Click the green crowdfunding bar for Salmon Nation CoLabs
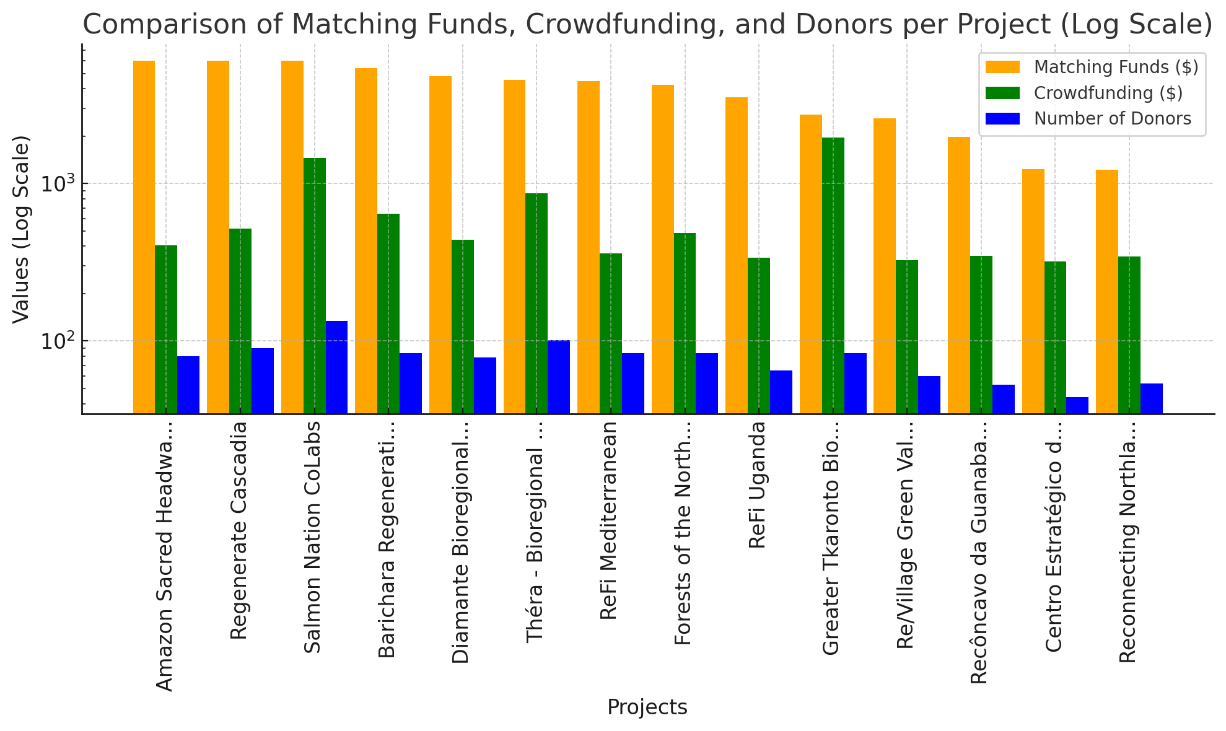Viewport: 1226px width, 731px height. tap(314, 285)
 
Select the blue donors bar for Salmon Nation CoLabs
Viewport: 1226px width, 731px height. tap(336, 367)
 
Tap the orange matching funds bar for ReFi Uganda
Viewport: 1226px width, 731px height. tap(737, 254)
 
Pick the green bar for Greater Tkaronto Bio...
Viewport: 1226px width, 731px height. tap(833, 275)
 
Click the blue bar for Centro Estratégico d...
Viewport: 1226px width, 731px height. tap(1077, 405)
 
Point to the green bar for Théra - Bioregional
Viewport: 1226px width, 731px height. tap(536, 303)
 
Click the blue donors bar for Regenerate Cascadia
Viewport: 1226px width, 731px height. tap(262, 380)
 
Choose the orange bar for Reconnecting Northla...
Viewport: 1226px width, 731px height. tap(1106, 291)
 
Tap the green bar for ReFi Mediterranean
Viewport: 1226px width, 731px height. tap(610, 333)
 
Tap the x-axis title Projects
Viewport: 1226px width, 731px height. tap(647, 707)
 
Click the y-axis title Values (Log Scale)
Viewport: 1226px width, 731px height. tap(21, 229)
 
